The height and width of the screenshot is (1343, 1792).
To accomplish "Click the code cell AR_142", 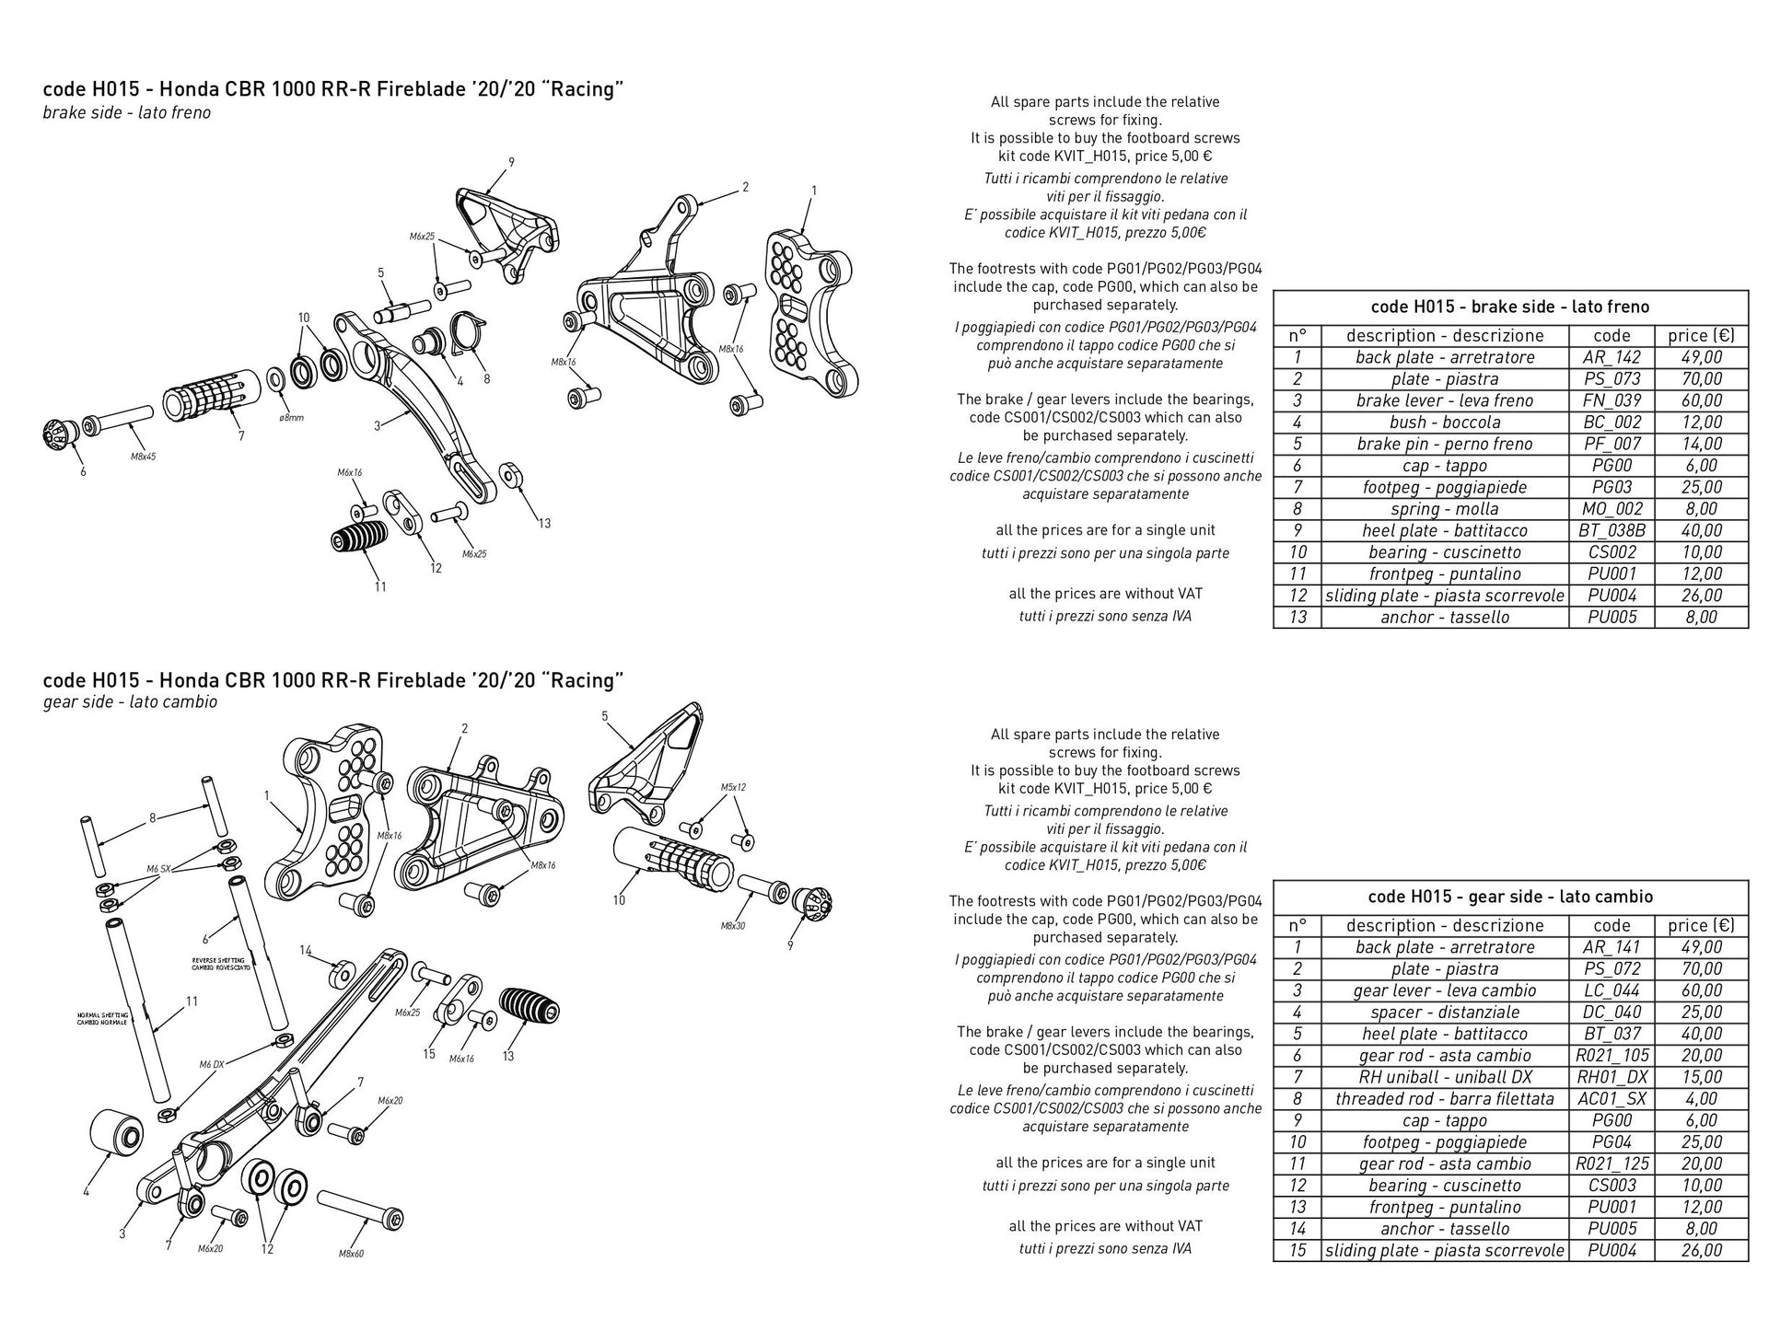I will click(x=1612, y=357).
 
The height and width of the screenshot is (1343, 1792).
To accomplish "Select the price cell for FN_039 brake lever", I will click(x=1701, y=400).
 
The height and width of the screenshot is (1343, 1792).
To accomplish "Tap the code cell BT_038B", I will click(x=1612, y=530).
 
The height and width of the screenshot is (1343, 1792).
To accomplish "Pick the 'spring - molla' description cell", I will click(x=1444, y=509).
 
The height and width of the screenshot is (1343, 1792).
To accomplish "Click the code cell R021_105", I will click(x=1612, y=1056).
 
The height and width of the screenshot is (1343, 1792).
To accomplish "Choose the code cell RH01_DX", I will click(x=1612, y=1077).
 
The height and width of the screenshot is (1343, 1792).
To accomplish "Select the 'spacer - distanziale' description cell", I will click(x=1444, y=1013).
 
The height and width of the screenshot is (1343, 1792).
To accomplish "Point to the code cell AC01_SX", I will click(x=1612, y=1099).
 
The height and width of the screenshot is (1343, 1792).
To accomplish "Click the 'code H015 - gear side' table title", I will click(x=1510, y=897).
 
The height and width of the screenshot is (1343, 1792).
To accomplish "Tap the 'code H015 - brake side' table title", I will click(x=1510, y=307).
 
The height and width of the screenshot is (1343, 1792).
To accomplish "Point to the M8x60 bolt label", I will click(x=351, y=1253).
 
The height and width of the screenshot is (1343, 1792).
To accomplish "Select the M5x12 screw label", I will click(x=733, y=788).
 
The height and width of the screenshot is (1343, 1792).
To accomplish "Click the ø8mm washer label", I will click(x=291, y=418).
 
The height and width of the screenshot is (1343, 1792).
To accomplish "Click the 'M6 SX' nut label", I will click(x=158, y=868).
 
